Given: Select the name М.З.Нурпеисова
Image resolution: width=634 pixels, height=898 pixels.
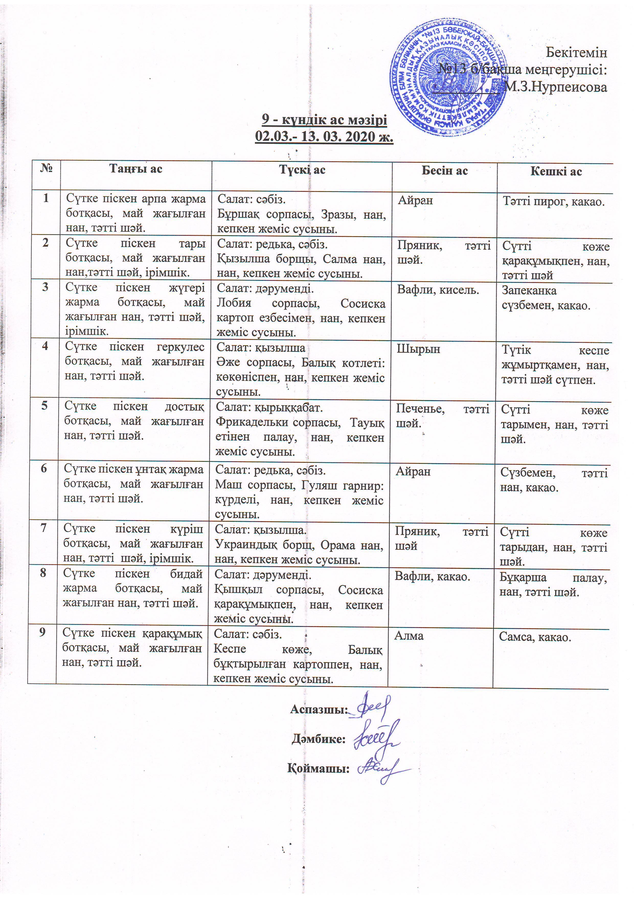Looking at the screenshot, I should pos(555,87).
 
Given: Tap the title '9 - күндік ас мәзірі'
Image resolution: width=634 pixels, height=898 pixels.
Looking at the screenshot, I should pos(324,119).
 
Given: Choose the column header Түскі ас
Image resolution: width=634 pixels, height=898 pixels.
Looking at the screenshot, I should pos(302,169).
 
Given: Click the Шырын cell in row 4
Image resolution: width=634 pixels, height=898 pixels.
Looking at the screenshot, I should pos(418,349).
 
